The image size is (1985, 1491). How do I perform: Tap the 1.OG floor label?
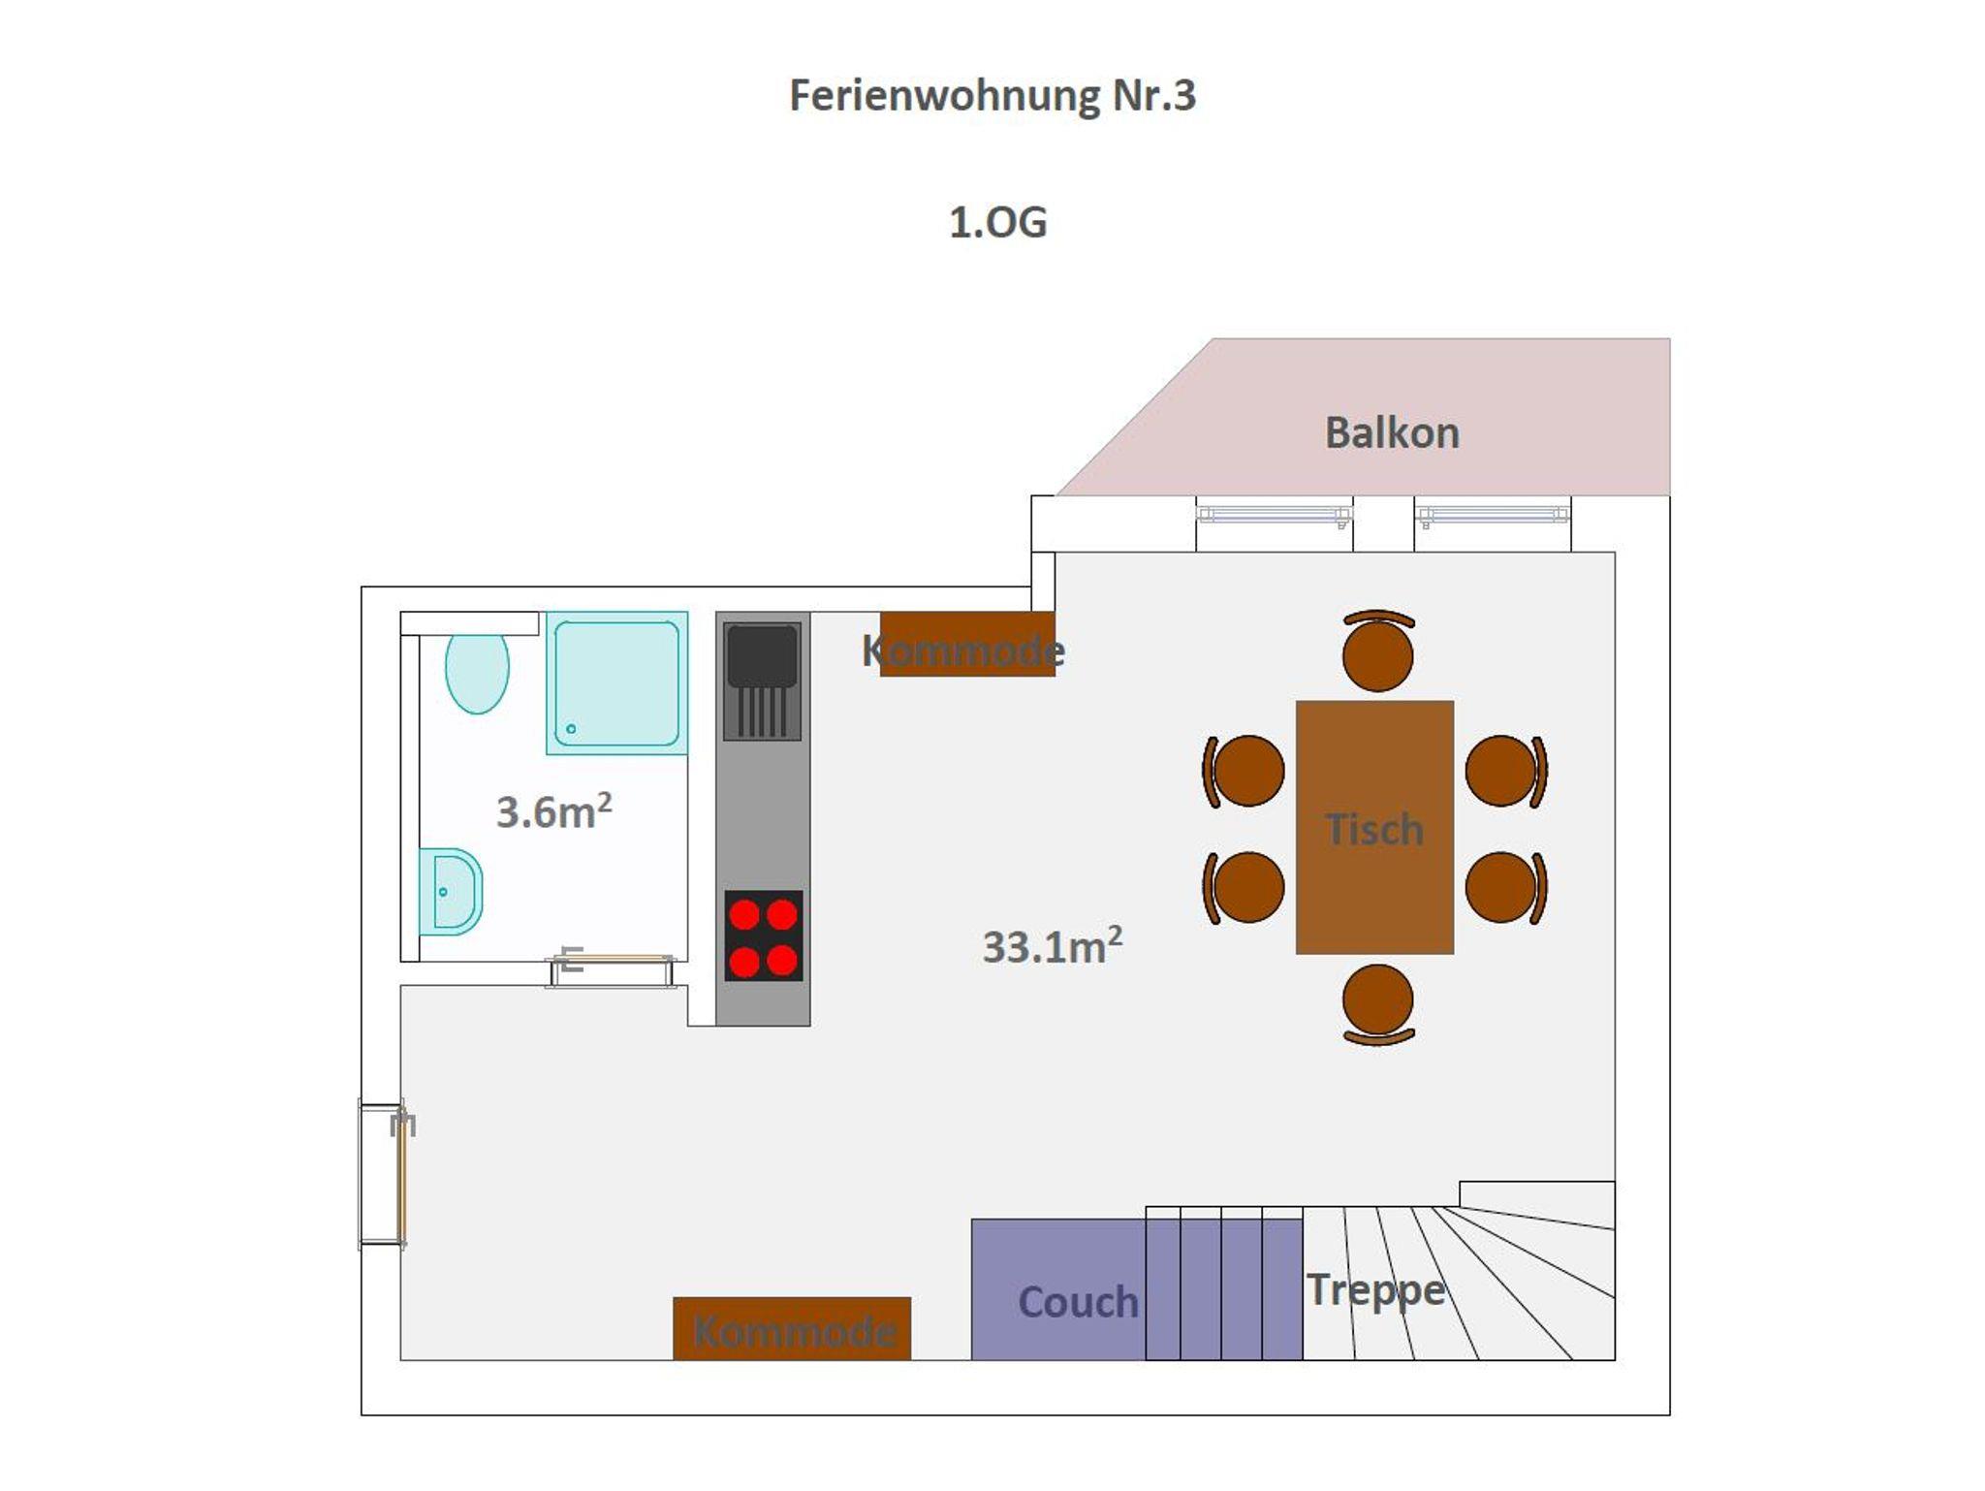997,223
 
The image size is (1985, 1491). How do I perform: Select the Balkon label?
1392,432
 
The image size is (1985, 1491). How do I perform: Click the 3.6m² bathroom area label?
553,810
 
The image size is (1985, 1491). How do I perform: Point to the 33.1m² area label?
1053,945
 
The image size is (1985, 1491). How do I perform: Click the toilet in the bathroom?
477,672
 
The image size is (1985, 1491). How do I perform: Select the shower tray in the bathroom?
616,682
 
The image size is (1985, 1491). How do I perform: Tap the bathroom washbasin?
451,892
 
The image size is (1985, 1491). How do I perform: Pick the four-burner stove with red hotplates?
764,936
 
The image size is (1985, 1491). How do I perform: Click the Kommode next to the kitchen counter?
967,644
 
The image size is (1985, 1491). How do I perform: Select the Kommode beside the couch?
792,1328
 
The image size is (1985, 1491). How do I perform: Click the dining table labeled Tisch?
1374,827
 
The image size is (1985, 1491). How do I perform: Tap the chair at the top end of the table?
1377,650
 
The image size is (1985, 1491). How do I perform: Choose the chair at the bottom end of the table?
1377,1004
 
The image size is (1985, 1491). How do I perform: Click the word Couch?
1078,1302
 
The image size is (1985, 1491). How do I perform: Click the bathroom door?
612,969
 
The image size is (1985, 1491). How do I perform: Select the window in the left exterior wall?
381,1173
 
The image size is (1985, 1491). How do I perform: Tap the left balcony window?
1274,516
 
